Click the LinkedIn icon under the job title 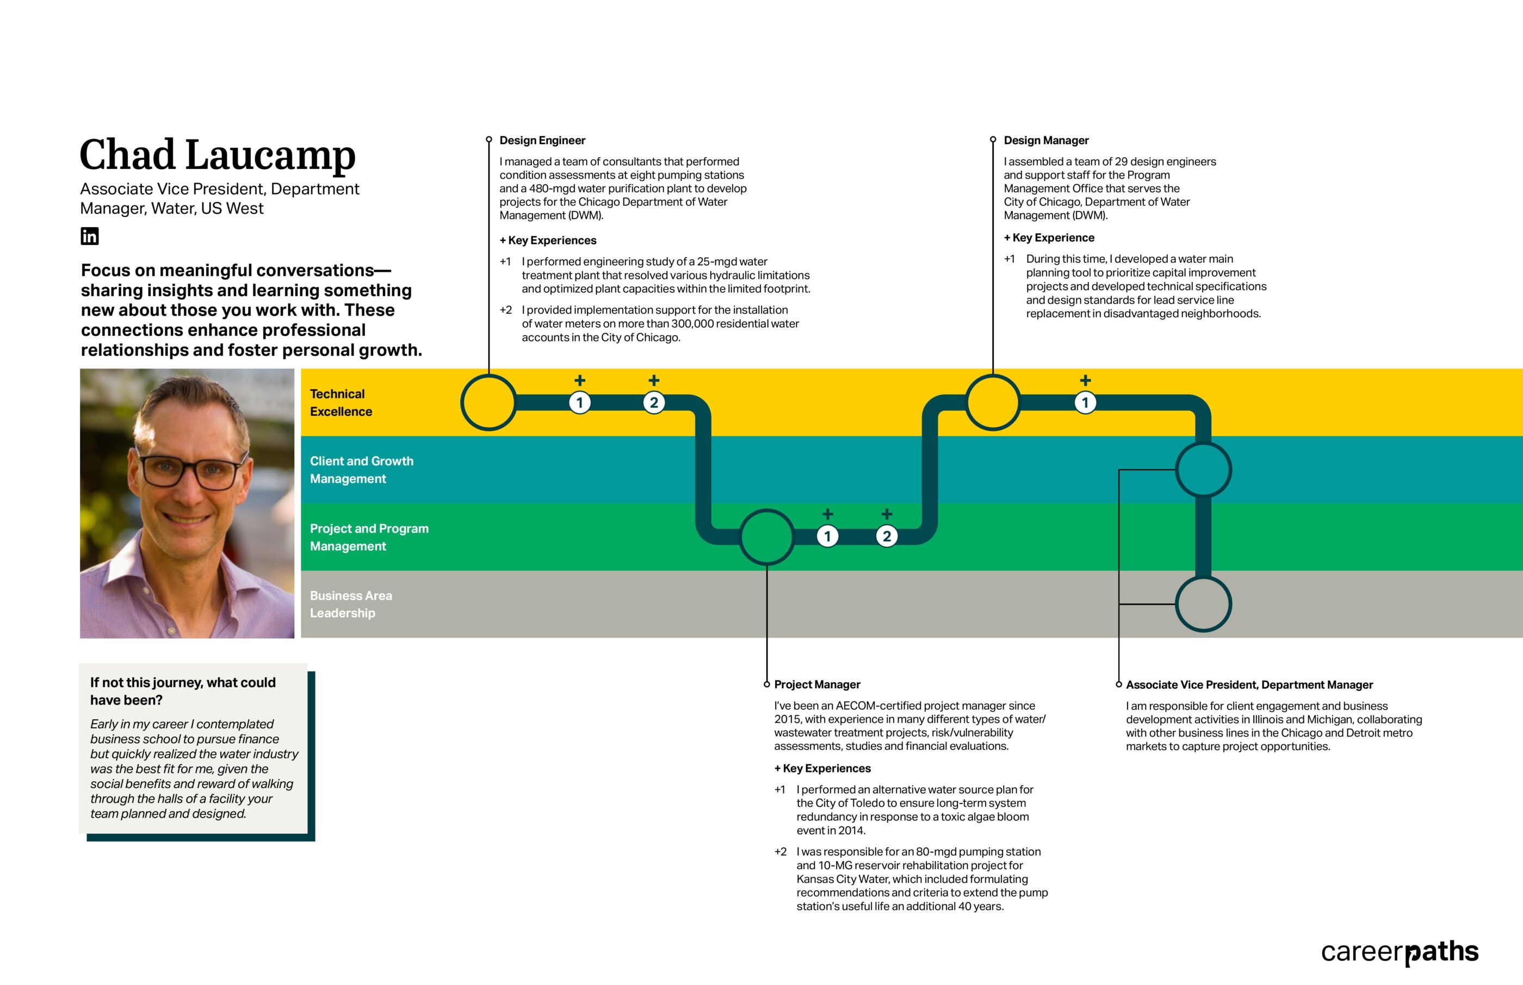(x=90, y=236)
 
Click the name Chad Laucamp (x=217, y=155)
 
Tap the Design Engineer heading (x=542, y=140)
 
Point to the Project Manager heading (x=816, y=684)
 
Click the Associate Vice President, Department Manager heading (x=1249, y=684)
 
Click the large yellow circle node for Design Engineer (x=488, y=402)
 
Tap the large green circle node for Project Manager (x=766, y=537)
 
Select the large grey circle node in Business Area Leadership (x=1203, y=604)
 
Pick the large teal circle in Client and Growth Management (x=1203, y=470)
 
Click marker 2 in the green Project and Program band (x=886, y=536)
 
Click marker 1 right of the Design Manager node (x=1085, y=402)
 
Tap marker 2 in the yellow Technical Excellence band (x=653, y=402)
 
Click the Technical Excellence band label (x=340, y=402)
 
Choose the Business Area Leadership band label (x=351, y=604)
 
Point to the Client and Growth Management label (x=361, y=470)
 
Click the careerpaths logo (x=1400, y=952)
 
